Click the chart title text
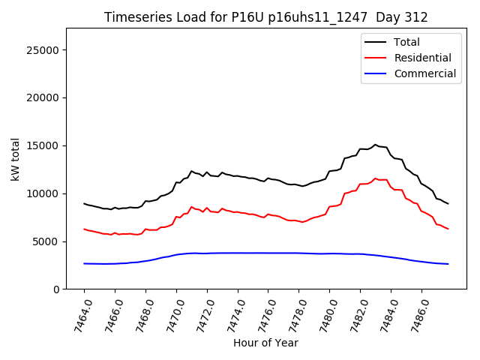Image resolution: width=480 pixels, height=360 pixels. [x=265, y=17]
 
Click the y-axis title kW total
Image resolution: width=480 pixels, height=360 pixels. [x=16, y=159]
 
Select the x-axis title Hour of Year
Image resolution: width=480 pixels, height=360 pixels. [x=265, y=343]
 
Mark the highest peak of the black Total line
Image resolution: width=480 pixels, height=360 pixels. [x=375, y=145]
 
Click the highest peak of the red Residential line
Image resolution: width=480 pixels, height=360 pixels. [x=375, y=178]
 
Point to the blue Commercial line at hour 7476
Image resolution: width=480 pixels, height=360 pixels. [x=268, y=253]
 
